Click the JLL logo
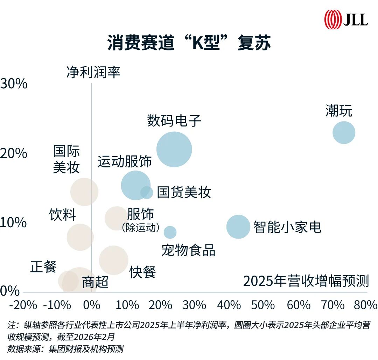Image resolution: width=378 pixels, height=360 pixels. (x=346, y=19)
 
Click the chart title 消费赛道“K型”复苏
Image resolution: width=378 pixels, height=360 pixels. (x=189, y=43)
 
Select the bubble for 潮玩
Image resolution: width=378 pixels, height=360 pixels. (x=344, y=133)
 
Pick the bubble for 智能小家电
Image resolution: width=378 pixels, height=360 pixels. (x=238, y=227)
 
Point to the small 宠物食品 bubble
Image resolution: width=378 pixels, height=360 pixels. (x=170, y=232)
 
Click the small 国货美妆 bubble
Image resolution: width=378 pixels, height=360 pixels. (x=147, y=192)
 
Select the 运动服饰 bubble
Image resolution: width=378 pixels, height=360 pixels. (x=135, y=185)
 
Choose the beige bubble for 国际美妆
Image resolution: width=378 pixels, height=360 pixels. (x=84, y=192)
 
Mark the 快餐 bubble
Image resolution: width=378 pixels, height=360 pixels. (x=114, y=260)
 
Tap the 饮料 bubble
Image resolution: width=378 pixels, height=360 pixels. (x=80, y=237)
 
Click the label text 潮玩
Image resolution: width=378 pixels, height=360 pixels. (x=338, y=111)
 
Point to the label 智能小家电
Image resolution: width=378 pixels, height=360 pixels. (x=287, y=227)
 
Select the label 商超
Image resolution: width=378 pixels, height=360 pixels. (x=95, y=282)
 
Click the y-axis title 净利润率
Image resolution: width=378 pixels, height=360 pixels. (x=93, y=72)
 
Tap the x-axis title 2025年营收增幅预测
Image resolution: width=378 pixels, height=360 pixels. (x=306, y=281)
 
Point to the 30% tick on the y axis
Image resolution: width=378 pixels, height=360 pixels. (x=14, y=84)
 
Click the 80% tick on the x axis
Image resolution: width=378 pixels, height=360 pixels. (x=365, y=305)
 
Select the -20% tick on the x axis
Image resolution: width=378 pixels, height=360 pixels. (x=23, y=305)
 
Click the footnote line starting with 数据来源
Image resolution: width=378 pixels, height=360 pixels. (x=65, y=349)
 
